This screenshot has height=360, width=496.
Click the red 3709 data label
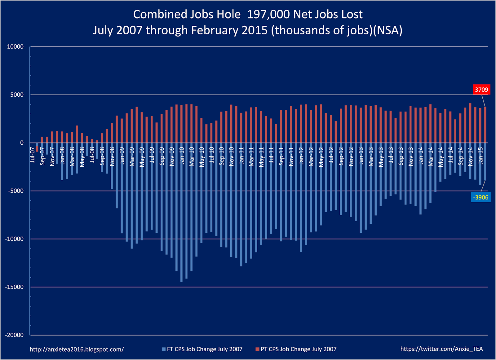[x=481, y=90]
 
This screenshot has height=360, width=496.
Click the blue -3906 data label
[x=480, y=197]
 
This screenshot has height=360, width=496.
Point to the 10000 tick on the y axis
[x=15, y=47]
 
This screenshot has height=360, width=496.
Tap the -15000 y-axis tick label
[x=14, y=287]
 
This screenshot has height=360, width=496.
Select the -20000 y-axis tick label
[x=14, y=335]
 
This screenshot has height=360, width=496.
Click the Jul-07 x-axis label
[x=33, y=155]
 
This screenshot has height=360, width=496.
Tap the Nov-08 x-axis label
[x=112, y=156]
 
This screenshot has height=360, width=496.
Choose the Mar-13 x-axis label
[x=371, y=156]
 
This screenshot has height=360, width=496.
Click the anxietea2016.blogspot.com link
[x=77, y=349]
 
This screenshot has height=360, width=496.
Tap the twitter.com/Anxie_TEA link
[x=441, y=349]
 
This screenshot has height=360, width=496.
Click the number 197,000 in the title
[x=268, y=15]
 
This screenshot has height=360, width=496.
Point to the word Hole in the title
[x=229, y=15]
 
